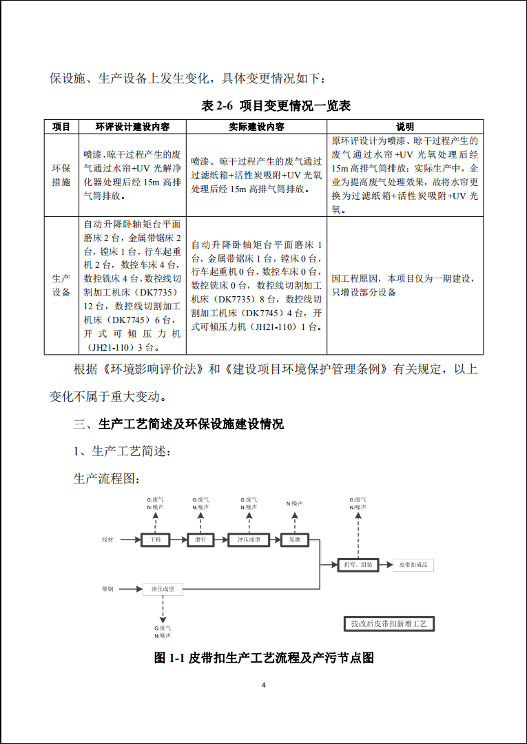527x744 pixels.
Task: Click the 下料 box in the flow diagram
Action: pos(155,540)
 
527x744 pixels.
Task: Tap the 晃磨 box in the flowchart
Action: pos(294,540)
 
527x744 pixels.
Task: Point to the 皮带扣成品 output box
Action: pos(413,565)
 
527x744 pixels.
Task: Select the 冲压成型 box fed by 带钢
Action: pos(163,589)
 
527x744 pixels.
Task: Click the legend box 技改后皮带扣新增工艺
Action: pos(389,623)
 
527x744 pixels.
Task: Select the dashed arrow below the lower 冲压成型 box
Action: pos(163,608)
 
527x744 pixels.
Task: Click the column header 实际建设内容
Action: pos(256,127)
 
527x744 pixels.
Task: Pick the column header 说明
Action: pos(405,127)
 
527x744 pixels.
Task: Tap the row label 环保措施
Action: pos(61,175)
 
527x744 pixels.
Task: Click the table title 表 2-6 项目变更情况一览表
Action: pos(276,105)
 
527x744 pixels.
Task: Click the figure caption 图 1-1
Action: pos(263,658)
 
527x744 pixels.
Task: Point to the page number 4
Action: pos(263,685)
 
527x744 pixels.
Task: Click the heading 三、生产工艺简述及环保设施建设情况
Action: pos(178,424)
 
